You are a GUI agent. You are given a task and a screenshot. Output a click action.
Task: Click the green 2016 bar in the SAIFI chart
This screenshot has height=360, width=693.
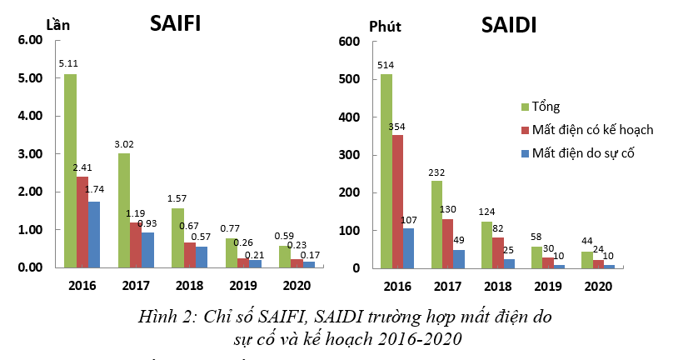70,171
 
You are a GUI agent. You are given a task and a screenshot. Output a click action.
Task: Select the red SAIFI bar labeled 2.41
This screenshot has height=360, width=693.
82,222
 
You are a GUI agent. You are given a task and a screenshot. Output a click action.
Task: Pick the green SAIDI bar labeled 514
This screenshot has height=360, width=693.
386,171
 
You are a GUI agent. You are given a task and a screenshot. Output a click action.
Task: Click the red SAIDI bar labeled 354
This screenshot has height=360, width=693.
398,201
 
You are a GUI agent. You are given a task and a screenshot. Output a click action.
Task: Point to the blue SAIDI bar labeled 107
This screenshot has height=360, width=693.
410,247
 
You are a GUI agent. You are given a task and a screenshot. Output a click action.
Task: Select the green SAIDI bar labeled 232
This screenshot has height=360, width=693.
436,224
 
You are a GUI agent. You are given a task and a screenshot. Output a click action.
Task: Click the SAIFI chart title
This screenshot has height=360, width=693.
175,22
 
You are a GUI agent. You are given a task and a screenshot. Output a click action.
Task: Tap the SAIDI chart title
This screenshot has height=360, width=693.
508,25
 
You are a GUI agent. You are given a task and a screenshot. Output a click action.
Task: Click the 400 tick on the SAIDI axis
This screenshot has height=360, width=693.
349,117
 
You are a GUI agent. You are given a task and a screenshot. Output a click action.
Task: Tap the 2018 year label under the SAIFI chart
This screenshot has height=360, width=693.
190,286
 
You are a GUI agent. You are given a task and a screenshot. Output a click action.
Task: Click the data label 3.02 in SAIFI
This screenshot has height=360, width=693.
124,144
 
